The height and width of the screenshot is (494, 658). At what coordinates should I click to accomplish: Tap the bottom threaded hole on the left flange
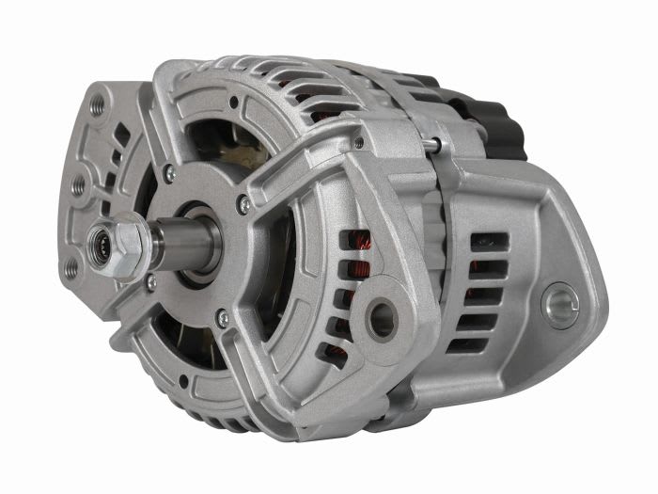(x=70, y=267)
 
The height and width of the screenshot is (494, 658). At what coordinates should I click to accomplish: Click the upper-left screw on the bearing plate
(x=169, y=173)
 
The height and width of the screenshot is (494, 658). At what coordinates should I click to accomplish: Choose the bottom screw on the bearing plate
(x=223, y=320)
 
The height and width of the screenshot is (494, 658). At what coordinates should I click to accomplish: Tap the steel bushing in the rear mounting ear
(x=561, y=307)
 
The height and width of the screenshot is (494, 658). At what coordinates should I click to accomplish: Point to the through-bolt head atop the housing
(x=431, y=143)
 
